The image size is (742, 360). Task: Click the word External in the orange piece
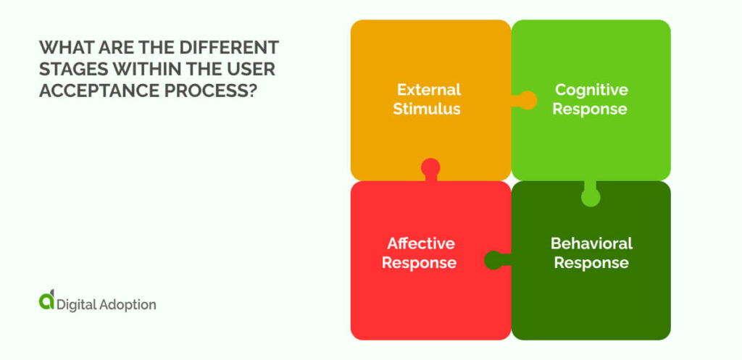click(x=428, y=90)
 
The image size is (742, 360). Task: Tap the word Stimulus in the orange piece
click(x=427, y=109)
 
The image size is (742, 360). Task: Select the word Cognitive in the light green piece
click(x=591, y=90)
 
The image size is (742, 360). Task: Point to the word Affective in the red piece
click(x=420, y=243)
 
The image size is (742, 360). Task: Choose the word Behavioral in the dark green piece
click(x=591, y=243)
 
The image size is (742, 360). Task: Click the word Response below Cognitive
click(x=591, y=109)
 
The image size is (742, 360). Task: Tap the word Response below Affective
click(x=419, y=262)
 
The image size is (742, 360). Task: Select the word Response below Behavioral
click(x=591, y=262)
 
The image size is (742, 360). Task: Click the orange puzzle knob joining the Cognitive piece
click(x=527, y=100)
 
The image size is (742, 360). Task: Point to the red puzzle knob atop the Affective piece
click(x=430, y=168)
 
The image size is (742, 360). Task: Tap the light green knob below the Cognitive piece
click(x=591, y=196)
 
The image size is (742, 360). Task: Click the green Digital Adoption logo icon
click(x=46, y=302)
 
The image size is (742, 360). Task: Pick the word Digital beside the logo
click(x=78, y=304)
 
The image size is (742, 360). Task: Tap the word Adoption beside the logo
click(x=128, y=305)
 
